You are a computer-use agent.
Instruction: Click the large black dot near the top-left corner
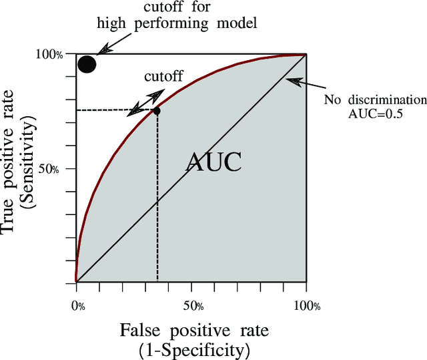point(87,64)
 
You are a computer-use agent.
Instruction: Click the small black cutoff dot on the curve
point(157,111)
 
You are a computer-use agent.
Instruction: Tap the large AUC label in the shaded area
point(213,162)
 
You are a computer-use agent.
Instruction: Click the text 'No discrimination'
point(375,100)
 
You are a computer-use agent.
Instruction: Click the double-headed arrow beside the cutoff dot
point(145,101)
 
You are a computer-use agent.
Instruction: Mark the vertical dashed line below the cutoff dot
point(157,200)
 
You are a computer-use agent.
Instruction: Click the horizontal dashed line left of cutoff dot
point(113,110)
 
